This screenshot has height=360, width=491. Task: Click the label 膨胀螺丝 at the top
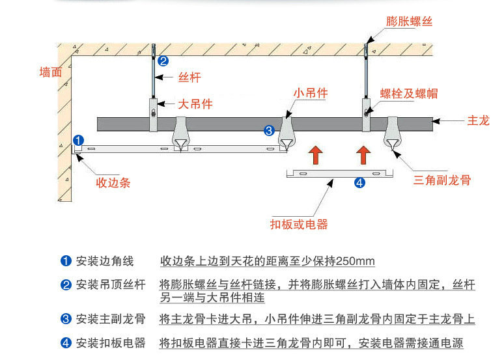pyautogui.click(x=409, y=21)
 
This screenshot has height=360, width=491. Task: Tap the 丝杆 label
pyautogui.click(x=189, y=77)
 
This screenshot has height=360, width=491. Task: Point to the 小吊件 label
pyautogui.click(x=310, y=93)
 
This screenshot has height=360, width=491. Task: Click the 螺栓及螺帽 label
pyautogui.click(x=409, y=94)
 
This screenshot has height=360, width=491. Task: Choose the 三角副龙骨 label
pyautogui.click(x=442, y=180)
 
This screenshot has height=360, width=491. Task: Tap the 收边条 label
pyautogui.click(x=113, y=182)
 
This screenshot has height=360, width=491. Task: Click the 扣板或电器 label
pyautogui.click(x=298, y=225)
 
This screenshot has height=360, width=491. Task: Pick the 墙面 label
pyautogui.click(x=51, y=72)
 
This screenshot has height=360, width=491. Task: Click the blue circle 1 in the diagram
pyautogui.click(x=78, y=140)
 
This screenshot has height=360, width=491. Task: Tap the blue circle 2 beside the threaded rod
pyautogui.click(x=163, y=62)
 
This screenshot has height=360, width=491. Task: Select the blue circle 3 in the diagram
pyautogui.click(x=270, y=131)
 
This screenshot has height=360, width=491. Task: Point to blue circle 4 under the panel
pyautogui.click(x=359, y=183)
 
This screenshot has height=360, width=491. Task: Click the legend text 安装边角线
pyautogui.click(x=105, y=261)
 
